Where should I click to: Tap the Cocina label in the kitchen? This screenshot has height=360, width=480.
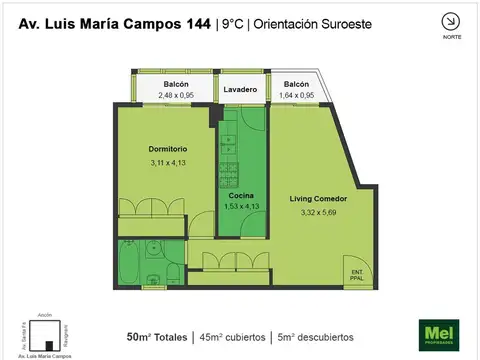tap(241, 195)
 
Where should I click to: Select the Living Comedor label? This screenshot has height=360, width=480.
tap(314, 198)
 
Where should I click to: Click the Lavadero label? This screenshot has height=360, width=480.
tap(241, 89)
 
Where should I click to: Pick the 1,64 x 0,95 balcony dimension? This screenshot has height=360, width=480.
tap(296, 95)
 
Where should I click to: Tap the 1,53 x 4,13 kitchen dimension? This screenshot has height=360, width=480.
tap(241, 206)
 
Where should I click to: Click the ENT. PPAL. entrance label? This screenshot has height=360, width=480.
tap(357, 274)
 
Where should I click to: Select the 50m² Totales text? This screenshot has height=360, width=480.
tap(158, 336)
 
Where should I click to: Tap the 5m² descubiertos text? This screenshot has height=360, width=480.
tap(321, 336)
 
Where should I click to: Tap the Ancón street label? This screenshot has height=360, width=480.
tap(44, 315)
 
